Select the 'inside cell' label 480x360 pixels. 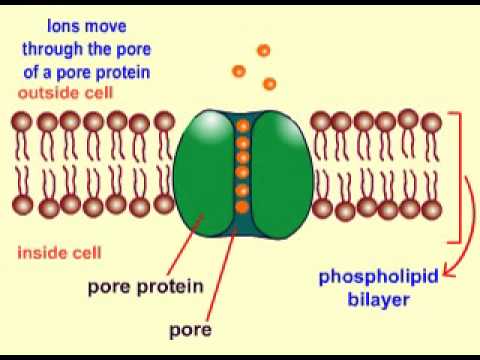tap(57, 251)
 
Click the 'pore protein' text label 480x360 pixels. tap(146, 286)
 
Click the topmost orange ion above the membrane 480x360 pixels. tap(263, 50)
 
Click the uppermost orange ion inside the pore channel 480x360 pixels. tap(241, 126)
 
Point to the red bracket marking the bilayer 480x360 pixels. tap(460, 175)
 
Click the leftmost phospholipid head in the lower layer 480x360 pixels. tap(23, 206)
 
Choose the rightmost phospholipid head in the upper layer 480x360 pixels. tap(431, 122)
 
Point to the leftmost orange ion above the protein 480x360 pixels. tap(238, 71)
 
